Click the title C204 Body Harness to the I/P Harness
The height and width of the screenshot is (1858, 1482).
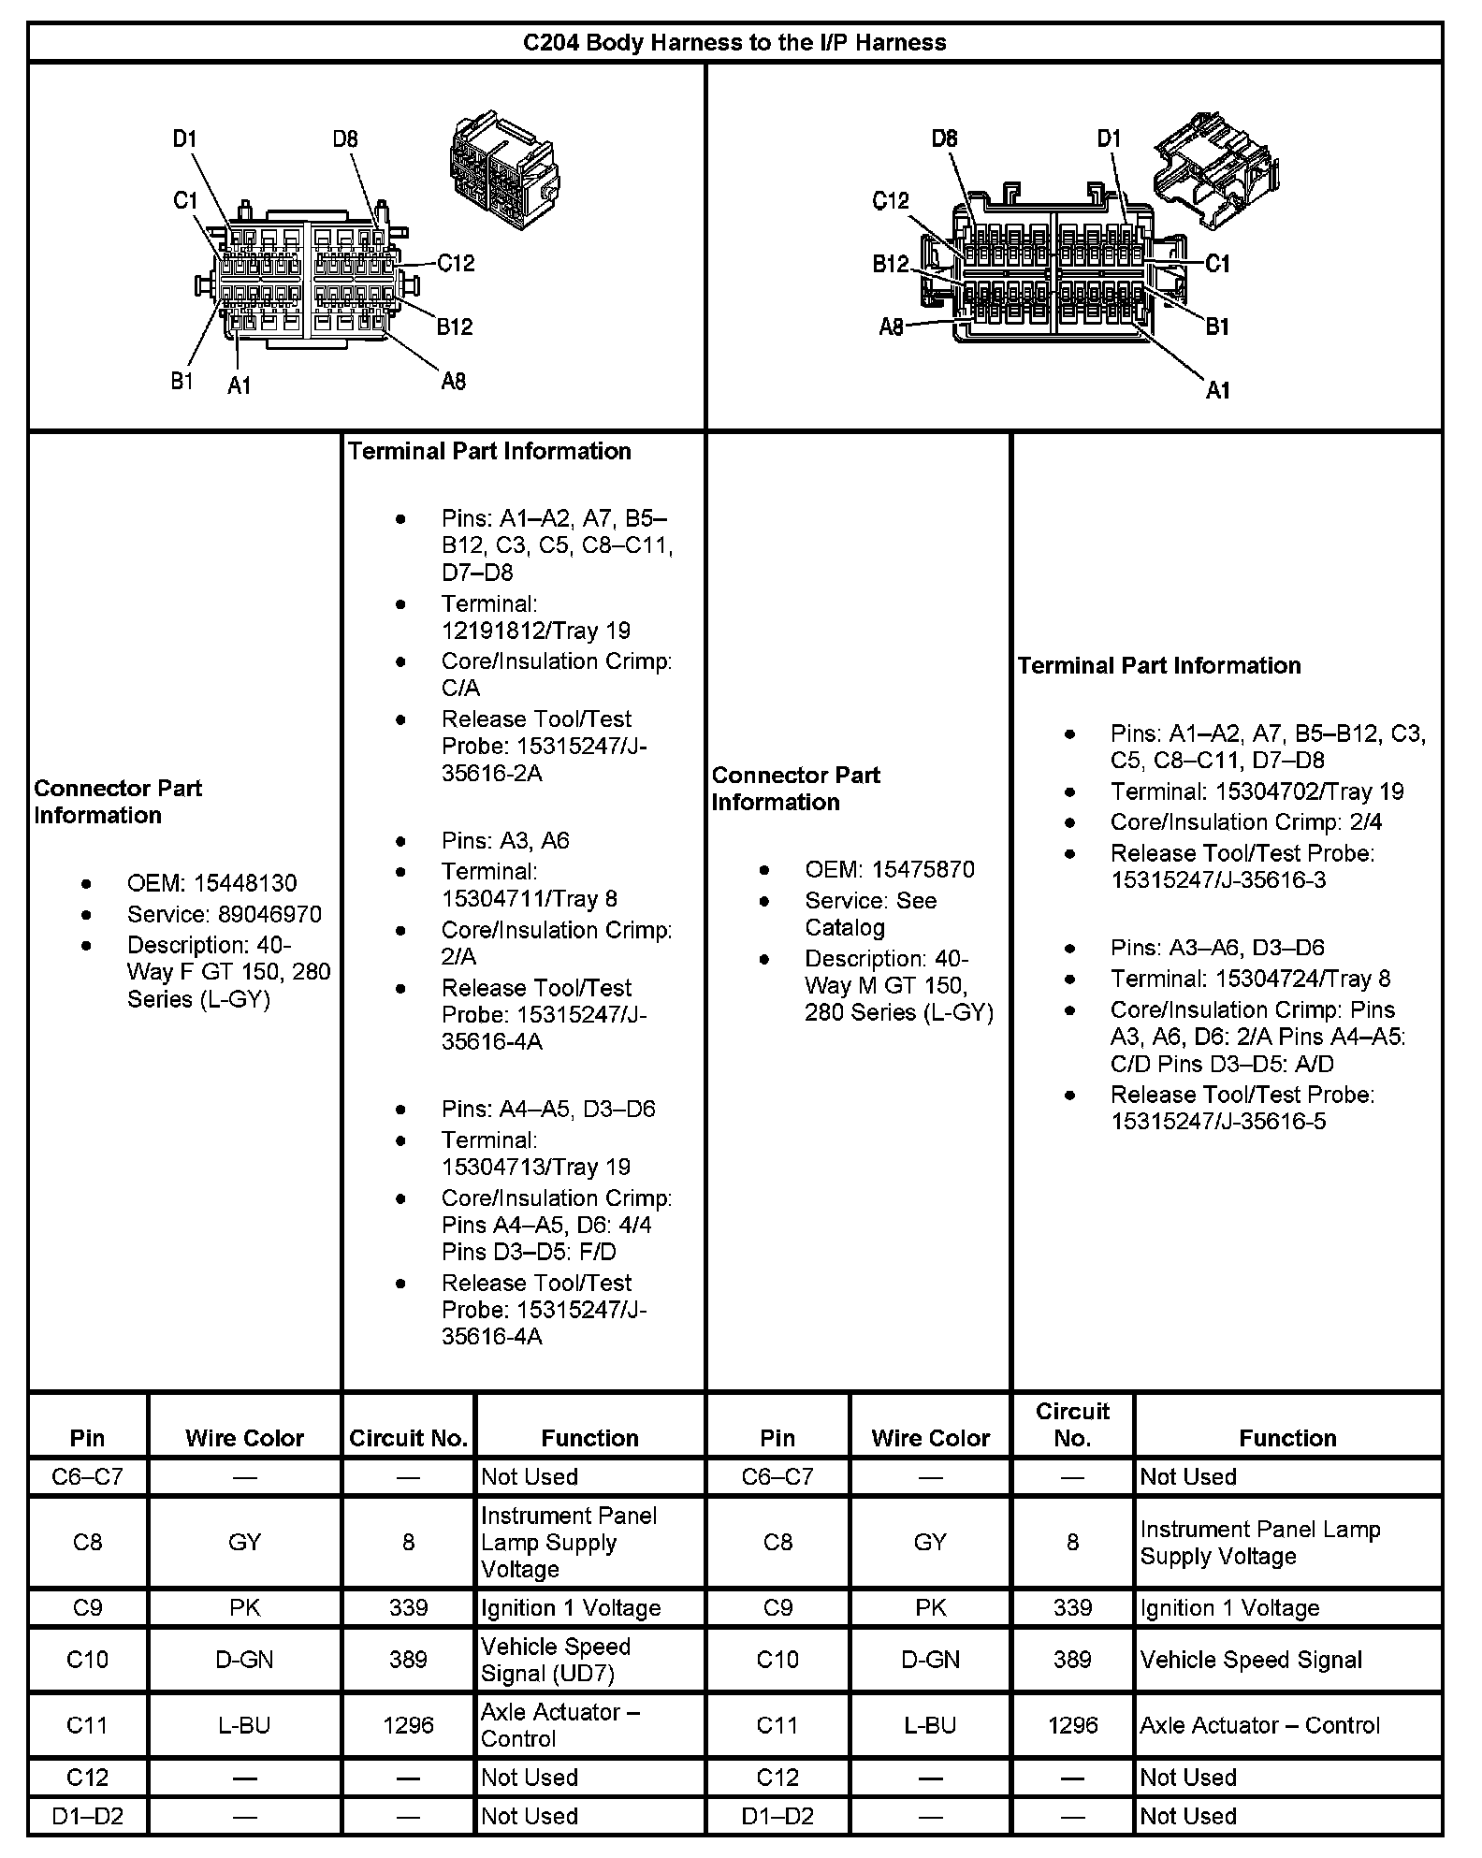coord(734,43)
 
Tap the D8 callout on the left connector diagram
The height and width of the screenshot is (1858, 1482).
coord(345,139)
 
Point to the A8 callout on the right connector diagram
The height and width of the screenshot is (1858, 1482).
coord(891,327)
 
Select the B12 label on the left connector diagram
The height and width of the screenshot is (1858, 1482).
coord(455,327)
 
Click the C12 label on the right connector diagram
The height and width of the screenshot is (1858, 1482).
coord(890,200)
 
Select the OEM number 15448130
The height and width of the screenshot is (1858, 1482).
coord(244,883)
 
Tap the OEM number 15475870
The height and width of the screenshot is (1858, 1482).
coord(923,869)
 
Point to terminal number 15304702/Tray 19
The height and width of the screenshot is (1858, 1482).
coord(1309,791)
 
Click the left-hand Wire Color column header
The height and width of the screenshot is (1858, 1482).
coord(244,1438)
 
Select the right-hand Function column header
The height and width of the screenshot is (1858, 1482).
coord(1287,1438)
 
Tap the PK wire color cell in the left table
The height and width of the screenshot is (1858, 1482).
coord(244,1608)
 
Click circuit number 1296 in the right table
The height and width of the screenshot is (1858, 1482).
coord(1072,1725)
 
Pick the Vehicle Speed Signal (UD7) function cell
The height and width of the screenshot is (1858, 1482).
coord(556,1660)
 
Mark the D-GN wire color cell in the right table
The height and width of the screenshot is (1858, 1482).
coord(930,1660)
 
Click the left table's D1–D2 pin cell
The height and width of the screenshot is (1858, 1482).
coord(87,1816)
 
